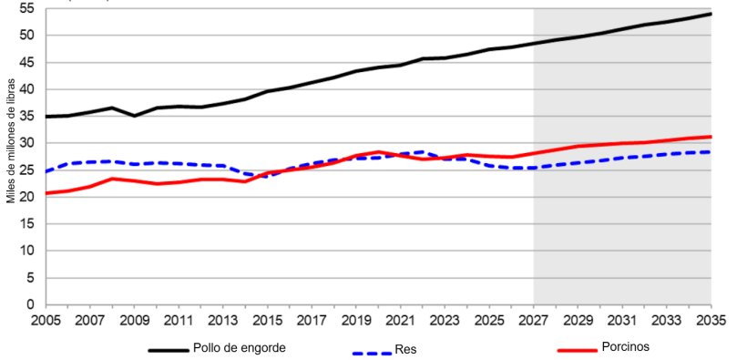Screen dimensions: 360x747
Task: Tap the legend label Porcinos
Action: point(626,347)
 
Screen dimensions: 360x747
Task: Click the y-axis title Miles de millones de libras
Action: point(10,143)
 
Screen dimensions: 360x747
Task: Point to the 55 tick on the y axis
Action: point(26,8)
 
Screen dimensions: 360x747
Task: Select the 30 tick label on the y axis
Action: point(26,143)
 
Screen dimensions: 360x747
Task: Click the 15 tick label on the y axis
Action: point(26,224)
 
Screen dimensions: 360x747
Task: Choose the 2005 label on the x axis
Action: point(46,321)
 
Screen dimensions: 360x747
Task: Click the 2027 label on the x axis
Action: point(534,321)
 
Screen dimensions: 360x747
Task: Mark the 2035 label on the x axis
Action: point(711,321)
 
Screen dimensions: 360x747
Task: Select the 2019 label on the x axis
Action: point(356,321)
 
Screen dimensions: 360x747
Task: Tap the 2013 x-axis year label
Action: point(223,321)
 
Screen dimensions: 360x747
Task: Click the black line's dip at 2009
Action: point(134,116)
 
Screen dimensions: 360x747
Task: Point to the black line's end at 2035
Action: point(711,14)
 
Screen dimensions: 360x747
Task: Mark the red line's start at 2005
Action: point(46,193)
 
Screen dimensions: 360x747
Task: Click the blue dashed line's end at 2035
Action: point(711,152)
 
